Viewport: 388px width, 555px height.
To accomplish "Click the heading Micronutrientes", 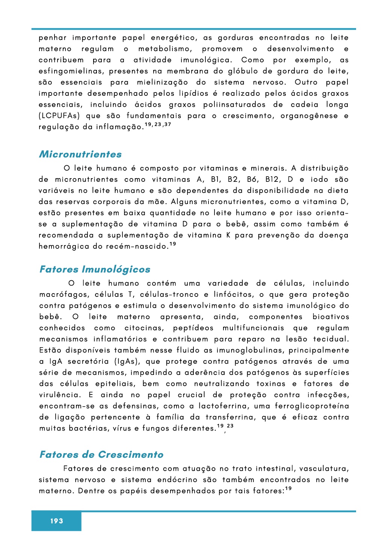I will [x=80, y=154].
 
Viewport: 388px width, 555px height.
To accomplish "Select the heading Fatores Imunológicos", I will [x=95, y=269].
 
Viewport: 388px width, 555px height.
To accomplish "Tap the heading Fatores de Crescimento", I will [x=101, y=455].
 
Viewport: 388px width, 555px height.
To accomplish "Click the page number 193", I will [x=57, y=521].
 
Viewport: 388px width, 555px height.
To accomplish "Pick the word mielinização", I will [x=162, y=82].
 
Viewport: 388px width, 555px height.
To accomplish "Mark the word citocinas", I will [x=144, y=328].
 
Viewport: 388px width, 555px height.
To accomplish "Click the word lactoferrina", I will [x=223, y=406].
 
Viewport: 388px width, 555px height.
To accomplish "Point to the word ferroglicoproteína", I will [x=312, y=406].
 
